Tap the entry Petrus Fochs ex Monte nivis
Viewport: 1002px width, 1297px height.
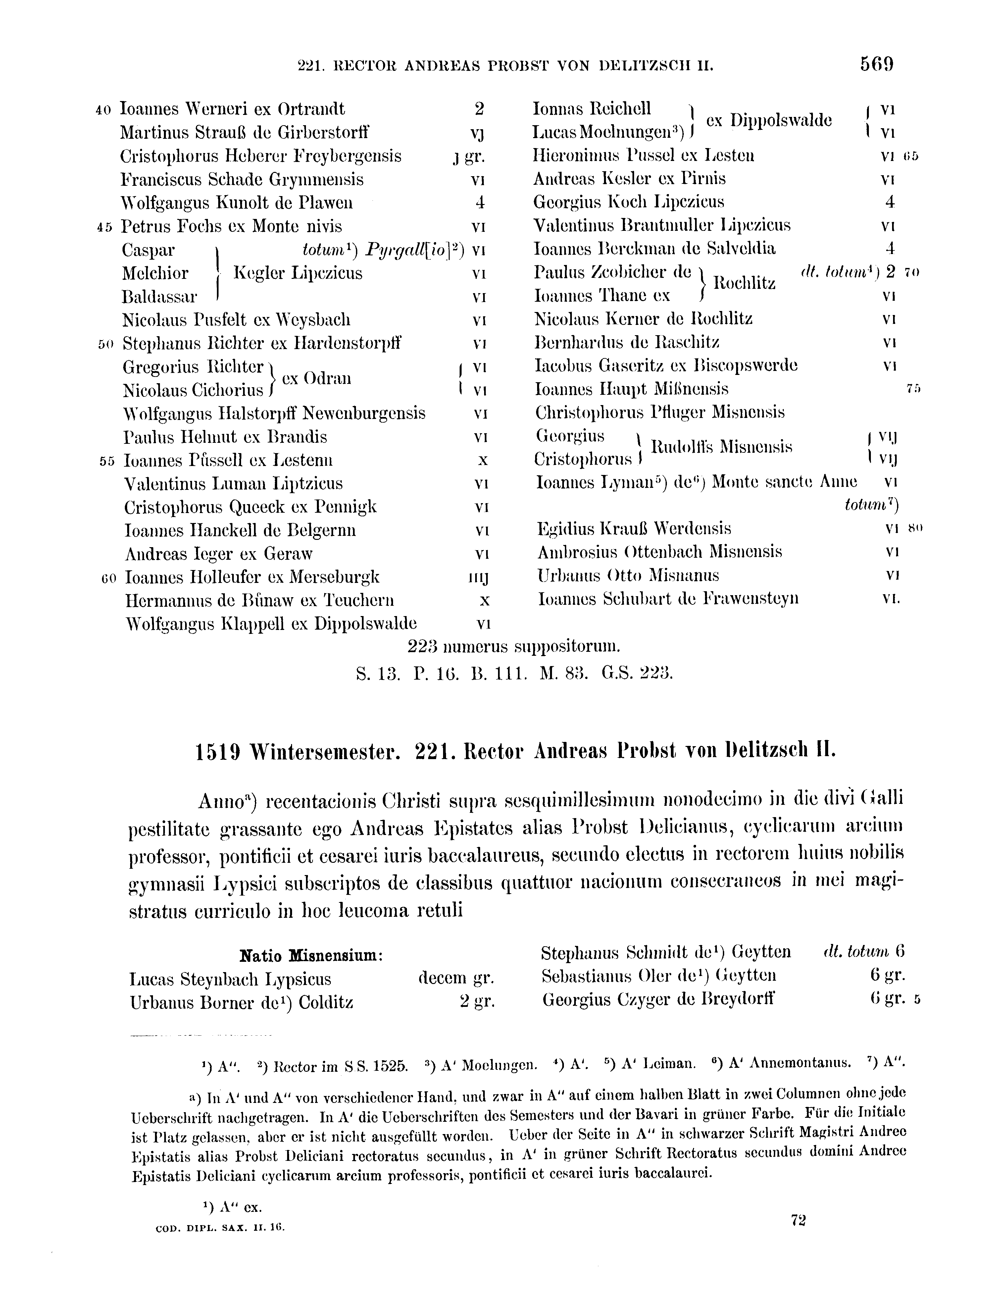click(x=231, y=226)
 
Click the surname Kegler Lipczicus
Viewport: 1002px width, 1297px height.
click(x=298, y=273)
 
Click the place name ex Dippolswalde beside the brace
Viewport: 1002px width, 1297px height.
click(x=769, y=121)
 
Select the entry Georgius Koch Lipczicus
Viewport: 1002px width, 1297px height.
click(x=629, y=202)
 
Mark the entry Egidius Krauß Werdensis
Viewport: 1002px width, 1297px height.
click(x=634, y=529)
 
